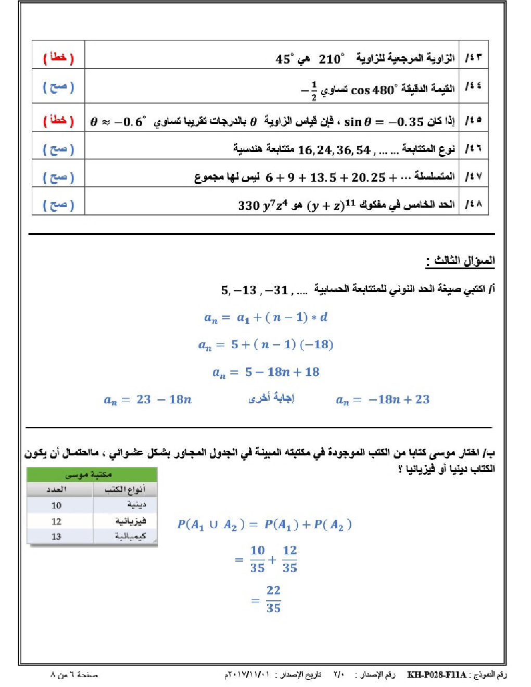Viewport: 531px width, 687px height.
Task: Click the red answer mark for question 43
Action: pos(58,58)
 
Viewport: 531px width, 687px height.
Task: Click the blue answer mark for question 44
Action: pos(58,87)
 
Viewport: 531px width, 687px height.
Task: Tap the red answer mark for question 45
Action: pos(58,121)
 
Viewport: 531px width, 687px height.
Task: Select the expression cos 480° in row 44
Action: pos(373,90)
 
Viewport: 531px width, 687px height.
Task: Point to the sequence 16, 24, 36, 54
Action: pos(334,150)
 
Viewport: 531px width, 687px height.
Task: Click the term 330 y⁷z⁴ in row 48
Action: pos(263,206)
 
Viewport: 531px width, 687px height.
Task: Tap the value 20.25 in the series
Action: pos(368,178)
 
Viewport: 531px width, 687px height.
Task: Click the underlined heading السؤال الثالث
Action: pos(461,261)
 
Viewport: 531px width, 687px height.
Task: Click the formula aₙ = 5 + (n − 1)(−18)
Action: pos(265,345)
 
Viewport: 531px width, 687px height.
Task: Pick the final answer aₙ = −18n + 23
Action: pos(383,400)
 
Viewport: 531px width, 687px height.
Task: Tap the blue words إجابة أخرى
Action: pos(271,399)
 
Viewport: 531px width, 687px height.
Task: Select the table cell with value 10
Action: pos(56,505)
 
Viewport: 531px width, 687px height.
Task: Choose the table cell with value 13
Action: pos(56,537)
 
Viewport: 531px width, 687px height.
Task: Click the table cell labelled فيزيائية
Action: pos(130,521)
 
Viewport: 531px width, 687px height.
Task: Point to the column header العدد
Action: pos(56,489)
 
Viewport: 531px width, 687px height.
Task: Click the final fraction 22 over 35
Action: pos(273,599)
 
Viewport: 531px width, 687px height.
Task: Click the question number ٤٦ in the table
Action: pos(474,149)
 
